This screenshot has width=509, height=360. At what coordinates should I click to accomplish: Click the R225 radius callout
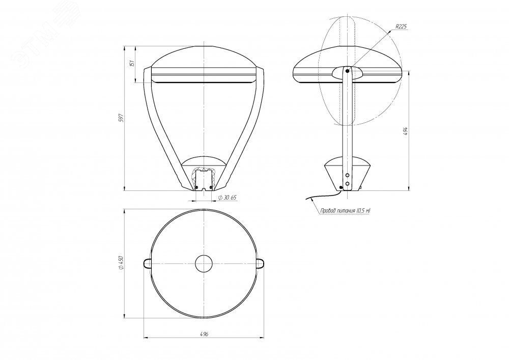pyautogui.click(x=401, y=27)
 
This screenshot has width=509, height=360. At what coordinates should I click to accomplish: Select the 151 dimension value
pyautogui.click(x=132, y=63)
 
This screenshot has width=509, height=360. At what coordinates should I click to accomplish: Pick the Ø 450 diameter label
pyautogui.click(x=122, y=263)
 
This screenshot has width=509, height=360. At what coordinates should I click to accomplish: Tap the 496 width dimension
pyautogui.click(x=204, y=334)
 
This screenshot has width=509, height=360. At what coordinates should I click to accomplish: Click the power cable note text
pyautogui.click(x=346, y=211)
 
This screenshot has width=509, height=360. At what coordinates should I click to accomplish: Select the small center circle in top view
pyautogui.click(x=204, y=263)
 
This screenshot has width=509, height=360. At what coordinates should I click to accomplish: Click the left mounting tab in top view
pyautogui.click(x=147, y=263)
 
